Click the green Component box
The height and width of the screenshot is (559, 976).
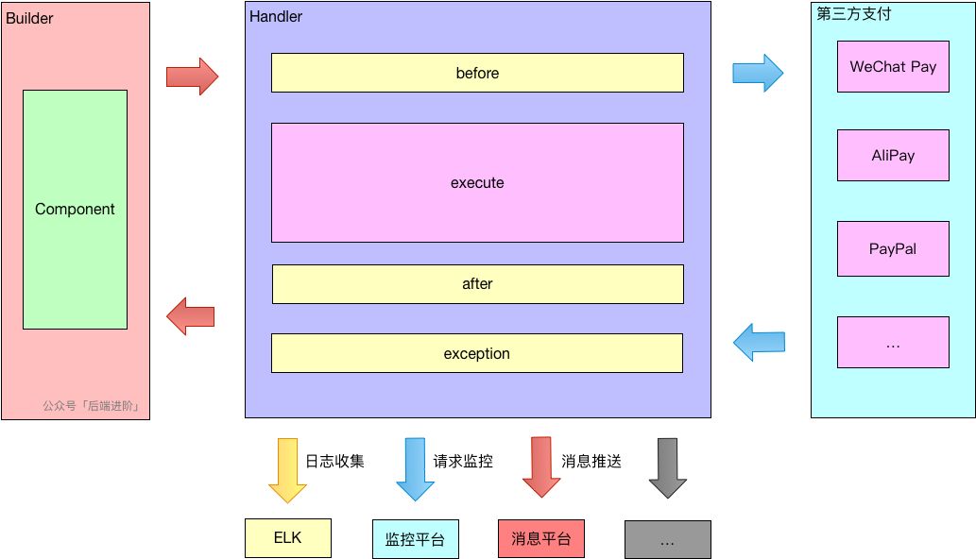[75, 210]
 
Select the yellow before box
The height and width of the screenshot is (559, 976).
[477, 73]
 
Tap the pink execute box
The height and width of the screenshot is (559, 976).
[477, 182]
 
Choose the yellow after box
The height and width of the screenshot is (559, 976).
[477, 284]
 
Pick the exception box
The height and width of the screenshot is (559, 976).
[477, 353]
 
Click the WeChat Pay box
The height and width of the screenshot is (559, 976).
[893, 67]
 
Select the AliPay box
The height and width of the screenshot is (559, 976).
[893, 156]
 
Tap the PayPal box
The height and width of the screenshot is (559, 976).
[893, 248]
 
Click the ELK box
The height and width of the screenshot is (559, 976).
[288, 538]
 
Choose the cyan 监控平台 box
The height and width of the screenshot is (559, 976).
[415, 539]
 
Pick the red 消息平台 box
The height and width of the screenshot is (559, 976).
[541, 539]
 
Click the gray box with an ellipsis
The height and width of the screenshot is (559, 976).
[667, 539]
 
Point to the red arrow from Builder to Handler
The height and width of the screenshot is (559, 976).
[192, 76]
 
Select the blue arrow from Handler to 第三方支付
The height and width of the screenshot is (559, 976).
[758, 72]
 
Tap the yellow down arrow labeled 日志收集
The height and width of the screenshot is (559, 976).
[287, 469]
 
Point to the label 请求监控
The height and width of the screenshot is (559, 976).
[463, 462]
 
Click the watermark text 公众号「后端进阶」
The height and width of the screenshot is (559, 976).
[92, 407]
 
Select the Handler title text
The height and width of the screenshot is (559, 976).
[276, 16]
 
